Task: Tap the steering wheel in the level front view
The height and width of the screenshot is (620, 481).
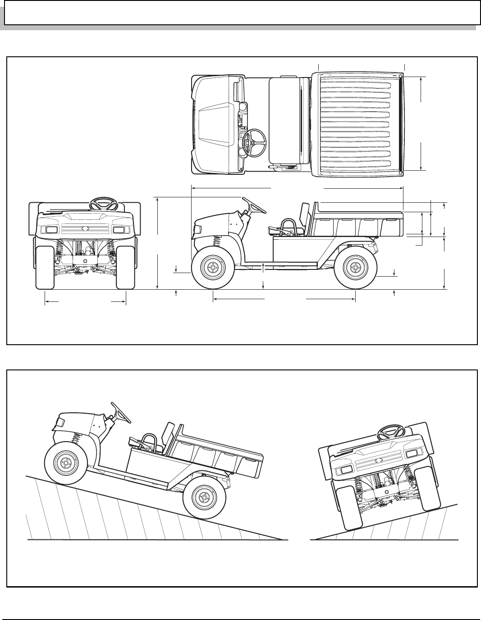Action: tap(103, 204)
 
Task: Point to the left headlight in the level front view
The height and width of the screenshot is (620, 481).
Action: tap(50, 230)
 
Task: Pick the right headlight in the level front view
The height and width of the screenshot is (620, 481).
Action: tap(119, 230)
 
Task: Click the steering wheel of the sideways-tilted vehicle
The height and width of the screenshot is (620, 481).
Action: tap(389, 433)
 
